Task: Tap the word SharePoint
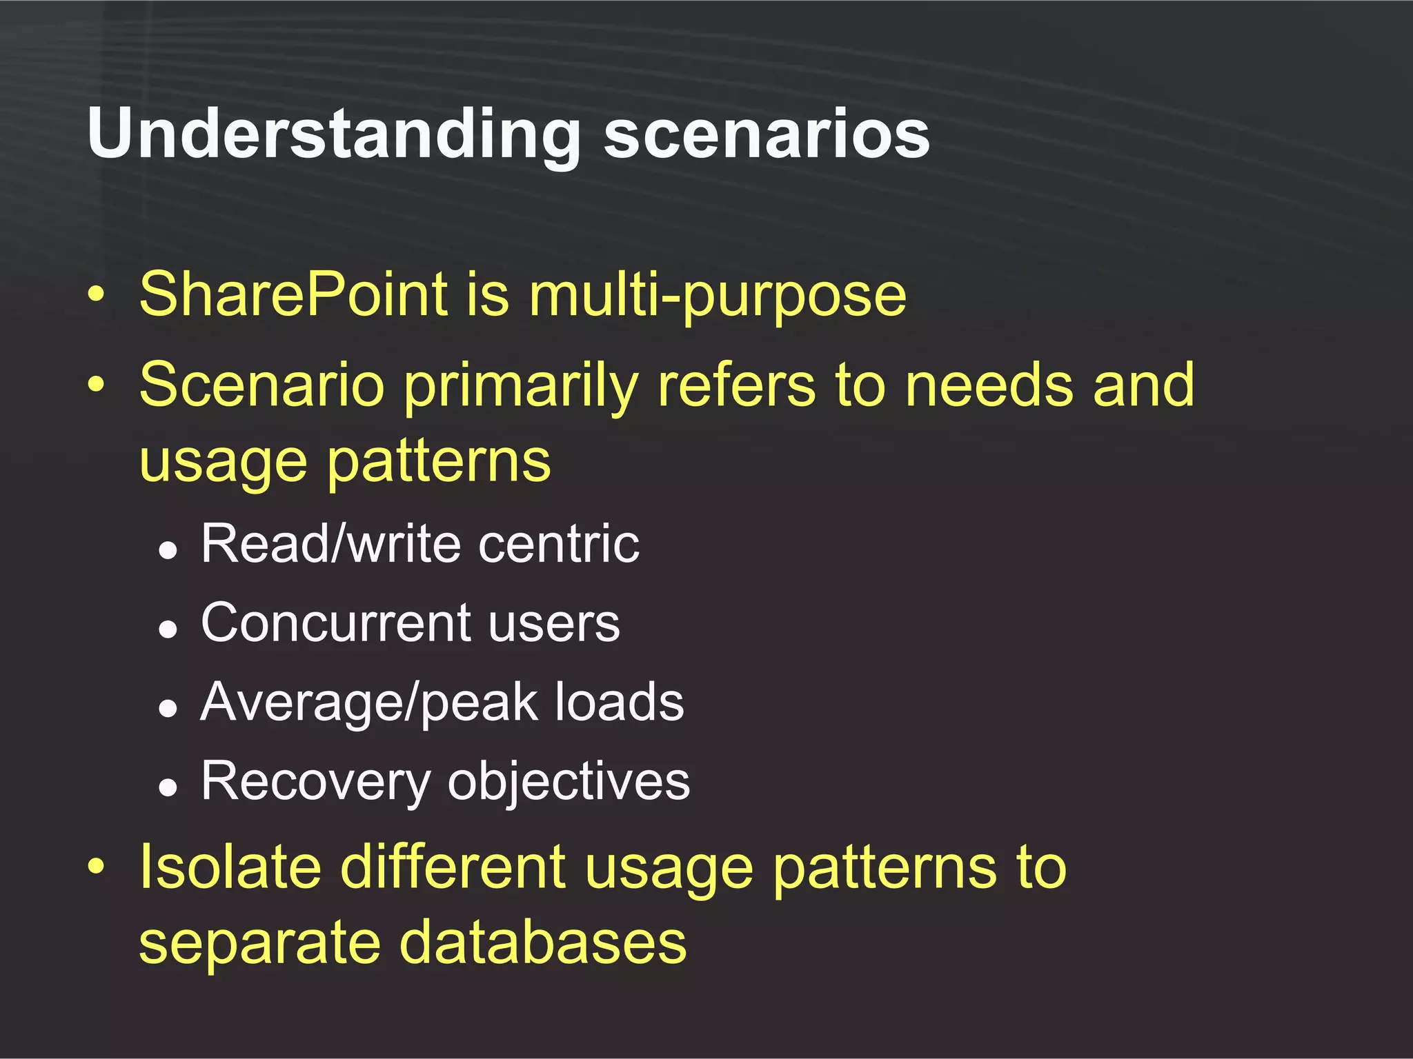point(294,295)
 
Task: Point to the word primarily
point(521,386)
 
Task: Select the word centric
point(560,544)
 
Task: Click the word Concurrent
point(335,623)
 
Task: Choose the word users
point(554,623)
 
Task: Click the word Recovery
point(315,782)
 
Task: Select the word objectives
point(569,782)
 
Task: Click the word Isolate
point(230,867)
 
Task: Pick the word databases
point(543,943)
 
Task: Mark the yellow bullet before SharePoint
point(97,296)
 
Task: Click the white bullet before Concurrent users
point(168,629)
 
